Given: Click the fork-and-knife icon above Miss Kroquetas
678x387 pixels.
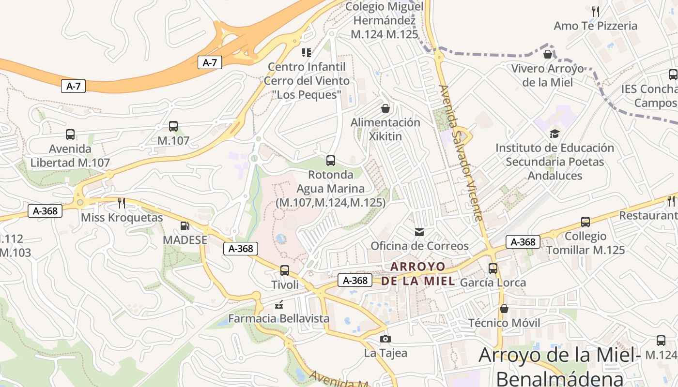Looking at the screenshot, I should point(122,203).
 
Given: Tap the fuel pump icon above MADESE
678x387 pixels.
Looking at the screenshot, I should point(185,225).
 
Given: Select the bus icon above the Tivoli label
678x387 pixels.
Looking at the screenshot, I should point(285,270).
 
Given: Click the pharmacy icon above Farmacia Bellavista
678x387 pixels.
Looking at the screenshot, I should point(279,305).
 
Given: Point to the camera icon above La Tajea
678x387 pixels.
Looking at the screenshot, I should point(385,339).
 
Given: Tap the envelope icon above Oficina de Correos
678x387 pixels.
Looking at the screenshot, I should point(419,232).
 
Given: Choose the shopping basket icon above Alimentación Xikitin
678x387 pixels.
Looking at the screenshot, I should point(385,108).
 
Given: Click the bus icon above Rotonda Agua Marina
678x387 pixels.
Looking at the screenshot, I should point(331,161).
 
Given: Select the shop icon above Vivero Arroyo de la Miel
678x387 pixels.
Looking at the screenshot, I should point(548,54).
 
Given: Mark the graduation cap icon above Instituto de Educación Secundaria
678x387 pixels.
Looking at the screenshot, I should point(555,134).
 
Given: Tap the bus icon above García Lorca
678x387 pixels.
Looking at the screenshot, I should point(493,268).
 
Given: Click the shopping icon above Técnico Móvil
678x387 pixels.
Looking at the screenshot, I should point(504,309).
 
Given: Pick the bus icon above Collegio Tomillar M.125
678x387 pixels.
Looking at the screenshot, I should point(586,222).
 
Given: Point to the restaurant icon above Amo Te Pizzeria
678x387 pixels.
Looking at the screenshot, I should point(596,11).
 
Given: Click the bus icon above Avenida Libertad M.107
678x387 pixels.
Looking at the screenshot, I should point(70,134).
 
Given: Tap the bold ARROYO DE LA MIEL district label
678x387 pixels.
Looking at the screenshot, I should point(418,273).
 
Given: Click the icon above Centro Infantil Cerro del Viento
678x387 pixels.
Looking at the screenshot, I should point(307,52).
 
